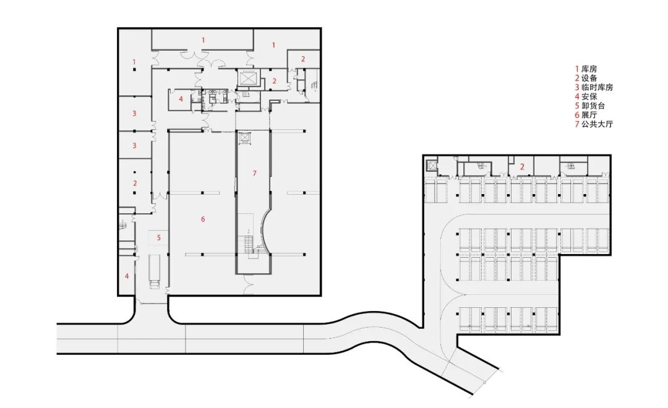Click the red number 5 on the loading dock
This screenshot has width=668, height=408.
coord(159,237)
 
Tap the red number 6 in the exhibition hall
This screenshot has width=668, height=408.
coord(203,219)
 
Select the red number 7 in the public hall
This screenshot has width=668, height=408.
coord(254,173)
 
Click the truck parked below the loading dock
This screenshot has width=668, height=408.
coord(154,272)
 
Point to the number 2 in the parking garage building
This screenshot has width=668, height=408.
coord(522,168)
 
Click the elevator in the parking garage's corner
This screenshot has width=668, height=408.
coord(432,165)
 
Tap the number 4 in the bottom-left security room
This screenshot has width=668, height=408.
coord(127,276)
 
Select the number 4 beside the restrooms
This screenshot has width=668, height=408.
coord(181,100)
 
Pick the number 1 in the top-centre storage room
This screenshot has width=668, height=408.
coord(203,40)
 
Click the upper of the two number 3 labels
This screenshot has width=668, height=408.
coord(134,113)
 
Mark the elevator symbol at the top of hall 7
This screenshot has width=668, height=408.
coord(245,138)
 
